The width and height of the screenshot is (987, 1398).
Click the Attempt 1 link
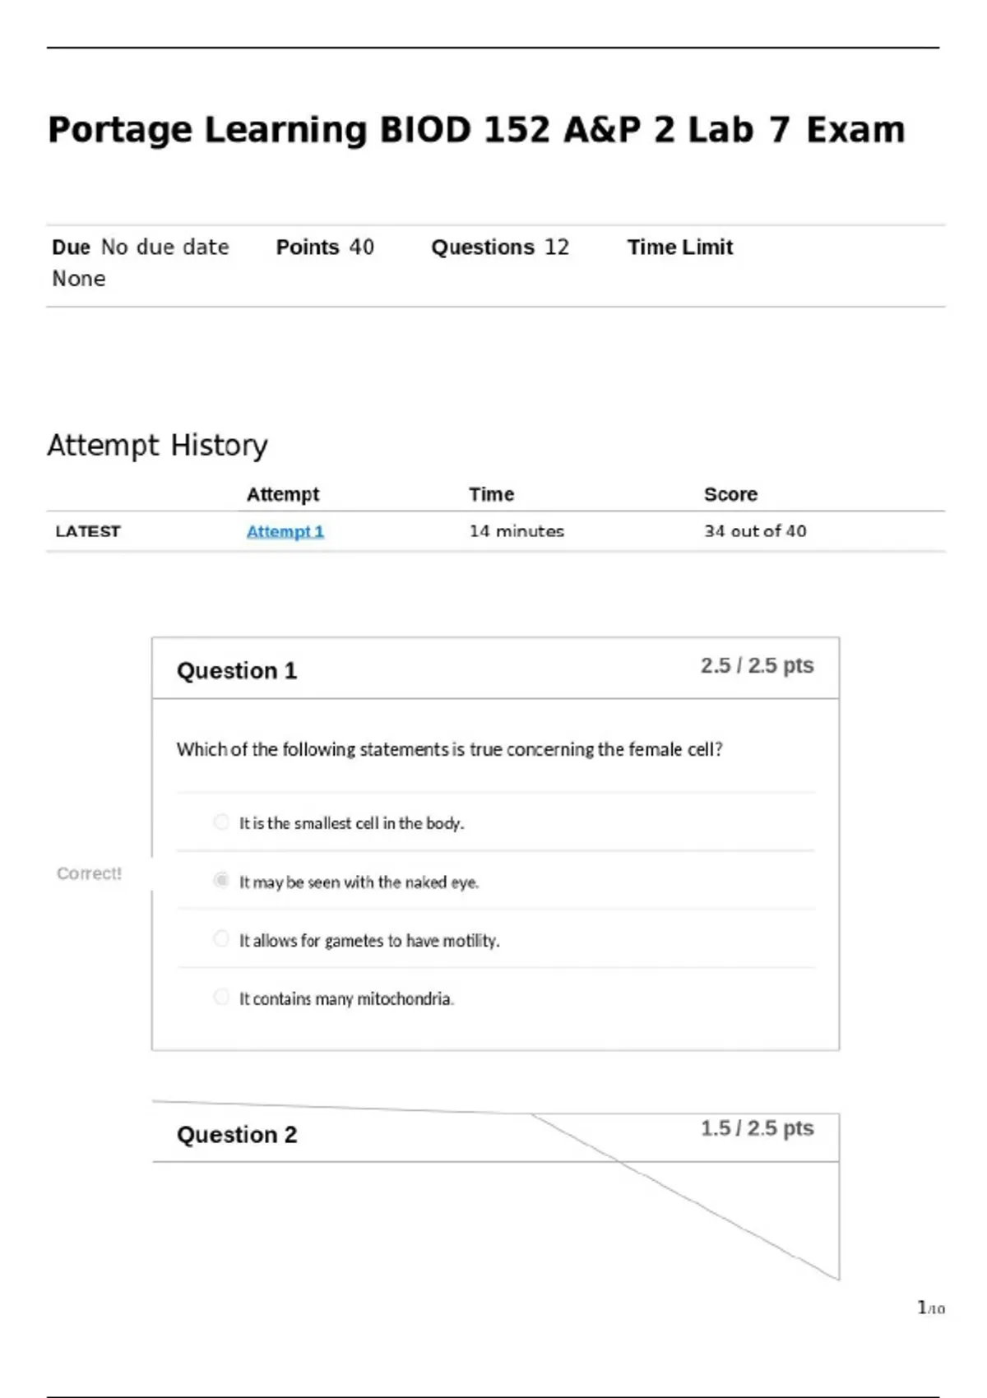click(285, 531)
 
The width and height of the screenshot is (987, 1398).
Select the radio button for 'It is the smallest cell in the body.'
click(221, 822)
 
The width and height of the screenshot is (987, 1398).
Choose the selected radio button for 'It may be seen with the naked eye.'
click(221, 881)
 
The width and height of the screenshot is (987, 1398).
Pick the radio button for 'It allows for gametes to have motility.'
click(221, 939)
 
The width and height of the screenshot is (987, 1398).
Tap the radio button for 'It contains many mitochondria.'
click(221, 998)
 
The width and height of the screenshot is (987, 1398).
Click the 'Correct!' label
click(89, 873)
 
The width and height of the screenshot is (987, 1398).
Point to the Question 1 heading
click(237, 671)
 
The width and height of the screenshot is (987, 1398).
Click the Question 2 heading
click(237, 1135)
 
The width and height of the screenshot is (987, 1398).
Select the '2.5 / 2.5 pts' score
click(757, 665)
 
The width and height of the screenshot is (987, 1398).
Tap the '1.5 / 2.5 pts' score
click(757, 1128)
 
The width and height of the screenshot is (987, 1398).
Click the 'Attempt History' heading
click(157, 446)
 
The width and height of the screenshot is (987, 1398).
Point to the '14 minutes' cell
click(517, 531)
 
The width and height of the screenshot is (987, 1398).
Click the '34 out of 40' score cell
click(755, 531)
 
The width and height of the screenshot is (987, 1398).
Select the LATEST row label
click(88, 531)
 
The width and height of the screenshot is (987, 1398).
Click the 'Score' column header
click(730, 494)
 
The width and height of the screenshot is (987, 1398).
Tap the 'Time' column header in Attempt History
click(491, 494)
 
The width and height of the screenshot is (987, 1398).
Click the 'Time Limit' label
click(679, 248)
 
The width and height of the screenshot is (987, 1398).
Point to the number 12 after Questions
click(557, 248)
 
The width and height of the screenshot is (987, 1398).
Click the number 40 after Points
click(361, 248)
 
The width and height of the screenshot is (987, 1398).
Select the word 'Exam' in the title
click(855, 130)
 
